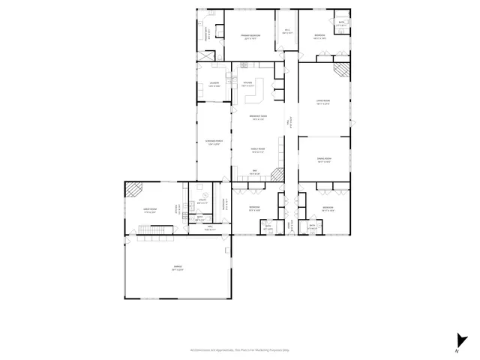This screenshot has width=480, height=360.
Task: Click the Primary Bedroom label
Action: coord(250,35)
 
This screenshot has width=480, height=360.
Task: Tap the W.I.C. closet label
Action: coord(287,31)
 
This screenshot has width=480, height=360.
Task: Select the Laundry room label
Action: coord(214,84)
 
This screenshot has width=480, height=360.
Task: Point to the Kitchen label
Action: coord(247,84)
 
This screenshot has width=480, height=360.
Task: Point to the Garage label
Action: coord(178,268)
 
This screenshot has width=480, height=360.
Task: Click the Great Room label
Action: coord(150,211)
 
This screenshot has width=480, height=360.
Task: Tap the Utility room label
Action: coord(202,201)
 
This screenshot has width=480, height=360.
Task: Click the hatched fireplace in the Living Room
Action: coord(342,70)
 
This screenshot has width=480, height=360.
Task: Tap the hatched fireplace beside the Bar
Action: coord(277,174)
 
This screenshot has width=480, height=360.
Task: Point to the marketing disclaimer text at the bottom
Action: coord(240,349)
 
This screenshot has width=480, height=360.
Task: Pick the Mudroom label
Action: coord(223,201)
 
